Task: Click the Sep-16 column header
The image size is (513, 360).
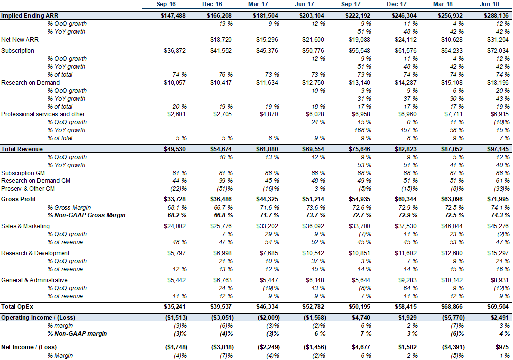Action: click(166, 4)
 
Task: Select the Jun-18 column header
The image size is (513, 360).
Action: click(489, 4)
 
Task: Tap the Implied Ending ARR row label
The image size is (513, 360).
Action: click(30, 15)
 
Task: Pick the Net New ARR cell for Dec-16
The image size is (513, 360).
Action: click(221, 40)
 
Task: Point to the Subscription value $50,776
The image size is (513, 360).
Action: click(313, 51)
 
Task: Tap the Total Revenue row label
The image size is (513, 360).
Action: click(22, 149)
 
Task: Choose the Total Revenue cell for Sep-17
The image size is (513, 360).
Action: click(359, 149)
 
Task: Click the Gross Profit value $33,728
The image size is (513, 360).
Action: click(174, 199)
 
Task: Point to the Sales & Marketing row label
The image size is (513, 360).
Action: click(26, 226)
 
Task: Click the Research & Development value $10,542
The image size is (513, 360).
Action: click(313, 253)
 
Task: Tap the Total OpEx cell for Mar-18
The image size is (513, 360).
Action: click(452, 307)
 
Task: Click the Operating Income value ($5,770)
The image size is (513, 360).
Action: click(452, 318)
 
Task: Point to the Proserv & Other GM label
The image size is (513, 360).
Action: click(28, 189)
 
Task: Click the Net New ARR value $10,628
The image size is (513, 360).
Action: click(452, 40)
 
